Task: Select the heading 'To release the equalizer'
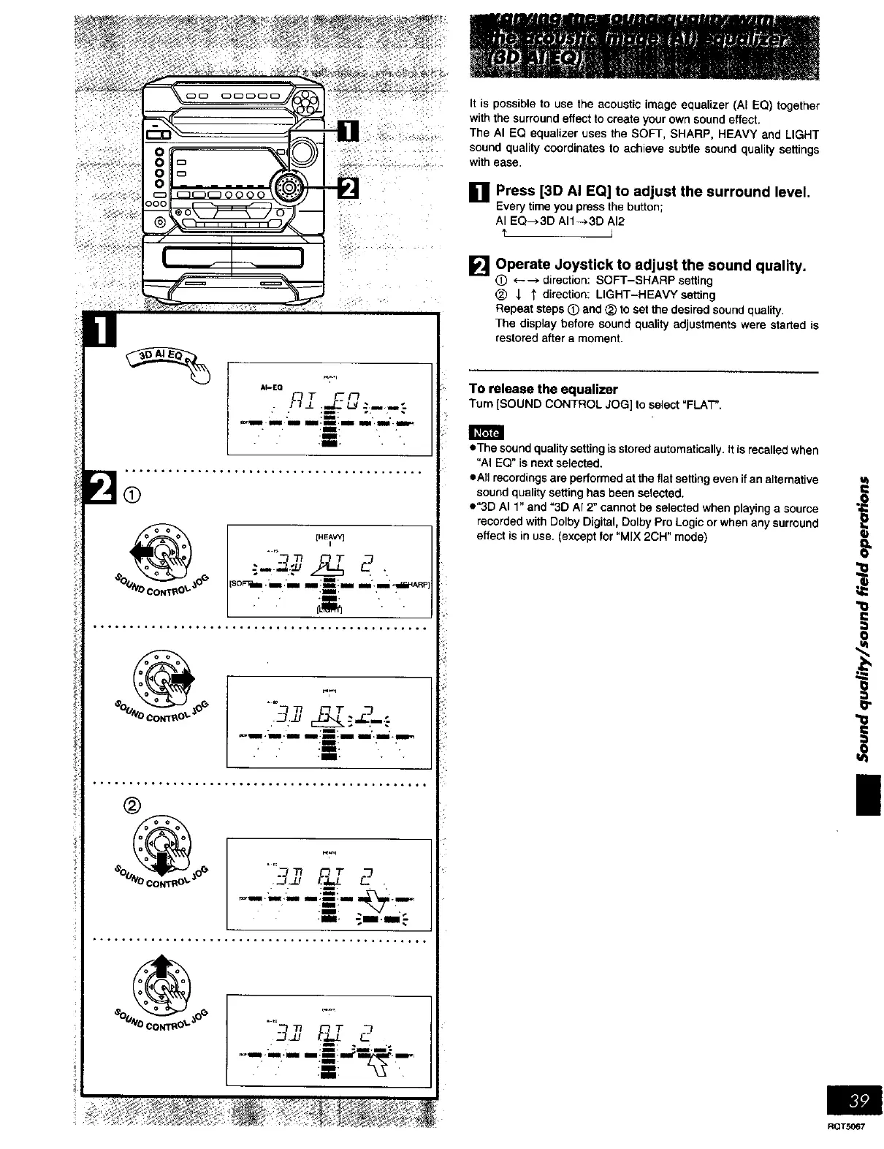click(544, 389)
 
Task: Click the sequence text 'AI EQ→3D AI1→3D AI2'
click(560, 221)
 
